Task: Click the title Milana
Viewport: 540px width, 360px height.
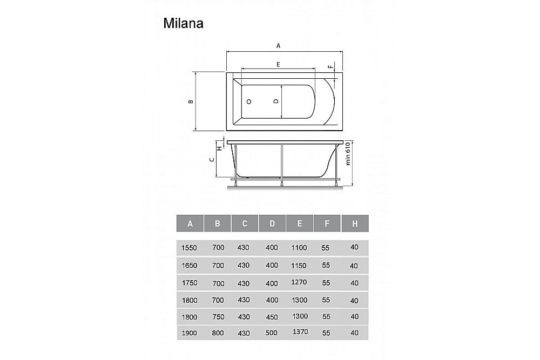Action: point(183,24)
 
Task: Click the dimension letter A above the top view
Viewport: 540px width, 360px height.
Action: point(279,46)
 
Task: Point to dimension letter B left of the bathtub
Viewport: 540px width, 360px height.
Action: point(190,101)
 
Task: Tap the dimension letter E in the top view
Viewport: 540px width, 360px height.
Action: point(278,64)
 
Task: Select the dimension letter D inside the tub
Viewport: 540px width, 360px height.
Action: point(275,101)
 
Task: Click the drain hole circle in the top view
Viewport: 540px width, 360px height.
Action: point(249,101)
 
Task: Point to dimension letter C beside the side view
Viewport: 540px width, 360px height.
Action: point(212,160)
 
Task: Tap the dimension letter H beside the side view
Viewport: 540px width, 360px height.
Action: point(219,147)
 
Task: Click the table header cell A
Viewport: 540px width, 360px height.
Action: point(190,223)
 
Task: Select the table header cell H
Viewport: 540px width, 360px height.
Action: point(355,223)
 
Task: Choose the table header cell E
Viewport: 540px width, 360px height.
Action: point(299,223)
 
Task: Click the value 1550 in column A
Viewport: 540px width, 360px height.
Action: point(190,248)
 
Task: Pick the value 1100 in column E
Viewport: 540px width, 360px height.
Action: point(299,248)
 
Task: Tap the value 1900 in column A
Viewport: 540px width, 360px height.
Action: point(190,333)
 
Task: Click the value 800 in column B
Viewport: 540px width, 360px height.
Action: point(217,333)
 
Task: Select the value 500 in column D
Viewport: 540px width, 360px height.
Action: point(272,333)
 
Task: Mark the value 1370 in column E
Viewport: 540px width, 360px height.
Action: point(299,332)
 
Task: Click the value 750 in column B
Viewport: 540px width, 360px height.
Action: point(217,316)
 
